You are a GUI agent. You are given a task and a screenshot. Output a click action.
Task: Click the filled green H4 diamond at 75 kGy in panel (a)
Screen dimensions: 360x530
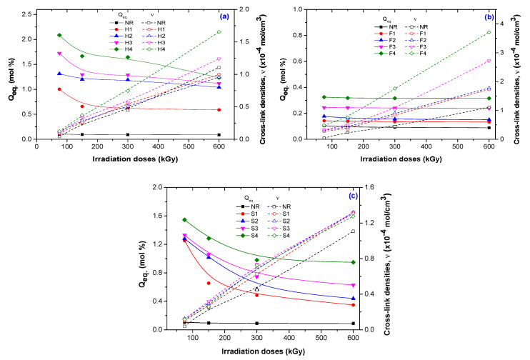pyautogui.click(x=59, y=35)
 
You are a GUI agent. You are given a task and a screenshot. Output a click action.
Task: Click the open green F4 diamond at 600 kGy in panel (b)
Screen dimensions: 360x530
pyautogui.click(x=489, y=32)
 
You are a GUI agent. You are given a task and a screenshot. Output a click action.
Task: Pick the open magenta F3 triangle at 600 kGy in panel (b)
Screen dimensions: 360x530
pyautogui.click(x=489, y=61)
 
